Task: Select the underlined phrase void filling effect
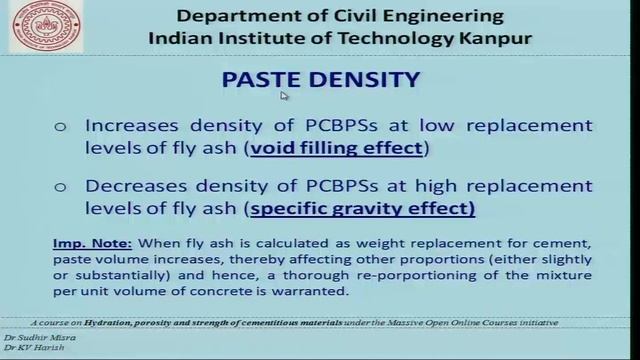click(339, 149)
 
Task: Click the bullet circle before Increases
click(60, 127)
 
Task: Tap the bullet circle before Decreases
click(60, 187)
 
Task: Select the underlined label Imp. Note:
click(81, 243)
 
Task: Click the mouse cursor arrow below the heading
click(284, 96)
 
